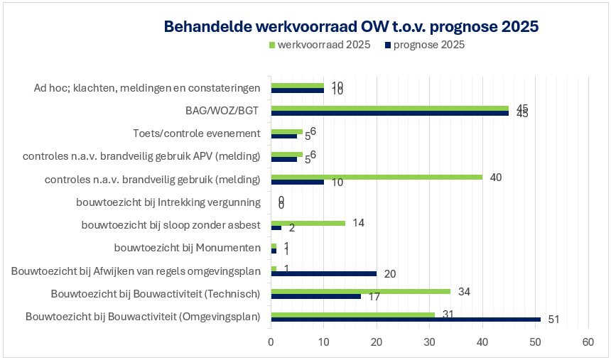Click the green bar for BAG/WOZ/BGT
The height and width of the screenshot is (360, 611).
(x=389, y=108)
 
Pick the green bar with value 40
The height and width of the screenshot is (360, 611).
(x=377, y=177)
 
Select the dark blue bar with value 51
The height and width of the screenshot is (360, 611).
(x=405, y=320)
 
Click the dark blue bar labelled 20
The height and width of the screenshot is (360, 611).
(x=323, y=273)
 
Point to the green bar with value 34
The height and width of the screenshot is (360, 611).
(x=360, y=291)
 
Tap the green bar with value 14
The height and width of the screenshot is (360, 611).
(x=308, y=223)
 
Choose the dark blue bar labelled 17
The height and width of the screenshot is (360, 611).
(x=315, y=296)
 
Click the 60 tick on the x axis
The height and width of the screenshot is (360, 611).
(x=588, y=342)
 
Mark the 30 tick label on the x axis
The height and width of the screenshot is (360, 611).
(x=429, y=342)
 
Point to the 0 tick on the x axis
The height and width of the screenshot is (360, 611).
(x=271, y=342)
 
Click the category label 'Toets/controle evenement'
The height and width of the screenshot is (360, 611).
(x=197, y=133)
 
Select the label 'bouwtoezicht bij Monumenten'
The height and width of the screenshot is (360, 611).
(x=187, y=248)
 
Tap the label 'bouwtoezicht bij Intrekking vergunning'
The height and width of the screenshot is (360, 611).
(x=168, y=202)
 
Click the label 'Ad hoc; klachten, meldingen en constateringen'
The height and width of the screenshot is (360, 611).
(x=147, y=88)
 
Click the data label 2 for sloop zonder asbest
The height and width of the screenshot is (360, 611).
(x=291, y=229)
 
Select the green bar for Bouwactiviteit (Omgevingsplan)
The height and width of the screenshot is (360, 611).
(x=352, y=315)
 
